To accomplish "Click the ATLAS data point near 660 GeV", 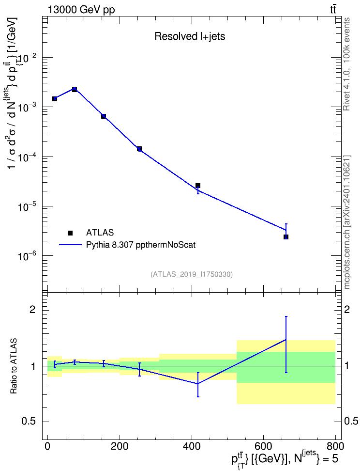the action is tap(286, 237).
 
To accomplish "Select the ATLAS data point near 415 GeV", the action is tap(198, 186).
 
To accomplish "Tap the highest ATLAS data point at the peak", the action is tap(75, 90).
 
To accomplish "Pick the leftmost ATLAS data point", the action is tap(55, 99).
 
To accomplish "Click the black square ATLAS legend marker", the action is tap(70, 233).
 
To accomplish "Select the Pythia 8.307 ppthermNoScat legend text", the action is tap(141, 245).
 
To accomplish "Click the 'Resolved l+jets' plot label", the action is tap(190, 36).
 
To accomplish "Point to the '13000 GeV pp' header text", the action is tap(81, 10).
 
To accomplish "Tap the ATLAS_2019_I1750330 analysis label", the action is tap(192, 274).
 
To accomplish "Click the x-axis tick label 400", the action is tap(192, 446).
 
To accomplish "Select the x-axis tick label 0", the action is tap(47, 446).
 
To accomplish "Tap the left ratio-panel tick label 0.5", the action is tap(29, 422).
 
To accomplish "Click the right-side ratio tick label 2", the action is tap(347, 310).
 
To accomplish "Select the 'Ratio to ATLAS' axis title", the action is tap(13, 366).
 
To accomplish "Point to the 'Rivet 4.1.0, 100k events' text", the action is tap(347, 64).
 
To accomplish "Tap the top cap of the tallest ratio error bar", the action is tap(286, 316).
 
